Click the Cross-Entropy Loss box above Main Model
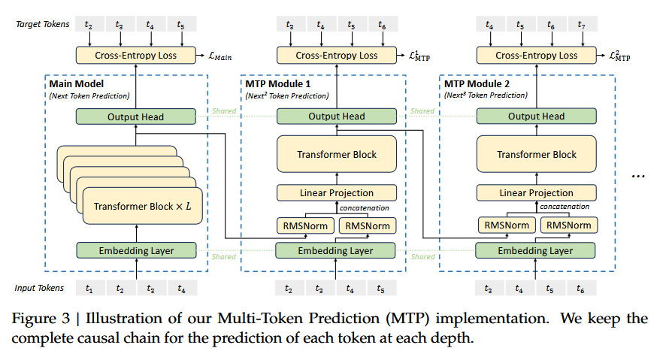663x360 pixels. [136, 56]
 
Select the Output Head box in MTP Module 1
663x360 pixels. [337, 116]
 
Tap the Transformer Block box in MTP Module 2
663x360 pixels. [537, 154]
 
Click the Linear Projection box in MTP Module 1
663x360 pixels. [337, 192]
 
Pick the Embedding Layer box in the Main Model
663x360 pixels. [136, 250]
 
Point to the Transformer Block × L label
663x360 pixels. [143, 206]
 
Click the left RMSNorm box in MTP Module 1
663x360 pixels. [305, 226]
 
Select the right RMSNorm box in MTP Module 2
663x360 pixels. [569, 225]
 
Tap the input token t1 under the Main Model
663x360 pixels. [90, 288]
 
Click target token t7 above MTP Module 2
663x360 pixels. [583, 25]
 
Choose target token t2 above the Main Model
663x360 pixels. [89, 25]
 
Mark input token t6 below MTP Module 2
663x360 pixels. [581, 288]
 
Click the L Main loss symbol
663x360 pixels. [219, 56]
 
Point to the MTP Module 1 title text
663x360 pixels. [278, 83]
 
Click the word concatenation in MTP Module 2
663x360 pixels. [565, 207]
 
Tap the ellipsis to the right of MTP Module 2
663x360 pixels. [638, 176]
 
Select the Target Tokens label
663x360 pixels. [42, 24]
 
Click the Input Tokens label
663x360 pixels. [39, 288]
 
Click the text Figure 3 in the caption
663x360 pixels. [41, 318]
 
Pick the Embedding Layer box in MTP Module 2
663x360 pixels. [535, 250]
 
